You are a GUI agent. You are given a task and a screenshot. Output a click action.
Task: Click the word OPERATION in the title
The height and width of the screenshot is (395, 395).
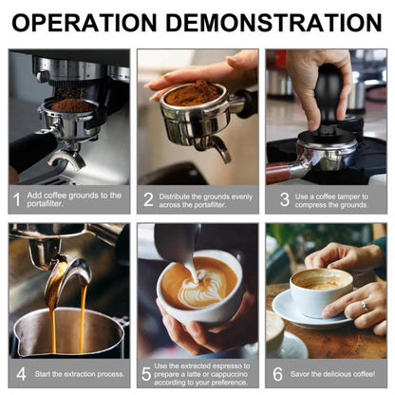[x=96, y=22]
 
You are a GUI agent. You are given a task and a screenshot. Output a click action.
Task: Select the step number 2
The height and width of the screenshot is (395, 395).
[x=148, y=199]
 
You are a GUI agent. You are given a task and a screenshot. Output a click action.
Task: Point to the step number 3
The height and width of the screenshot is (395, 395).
[x=283, y=199]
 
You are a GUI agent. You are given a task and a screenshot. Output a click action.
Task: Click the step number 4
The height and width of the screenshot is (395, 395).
[x=20, y=373]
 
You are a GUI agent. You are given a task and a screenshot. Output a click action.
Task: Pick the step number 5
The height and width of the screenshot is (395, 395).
[x=146, y=373]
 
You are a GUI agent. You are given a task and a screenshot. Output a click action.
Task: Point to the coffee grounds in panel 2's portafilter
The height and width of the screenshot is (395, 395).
[x=194, y=93]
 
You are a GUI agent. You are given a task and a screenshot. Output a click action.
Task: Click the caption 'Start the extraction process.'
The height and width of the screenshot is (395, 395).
[x=78, y=373]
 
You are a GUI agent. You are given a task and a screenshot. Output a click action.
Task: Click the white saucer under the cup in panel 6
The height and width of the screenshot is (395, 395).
[x=304, y=312]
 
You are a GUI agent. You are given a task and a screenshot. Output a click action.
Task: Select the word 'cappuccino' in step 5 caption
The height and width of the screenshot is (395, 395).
[x=224, y=373]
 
